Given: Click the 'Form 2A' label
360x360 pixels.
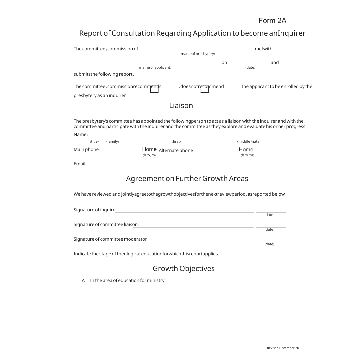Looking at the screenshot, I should tap(272, 21).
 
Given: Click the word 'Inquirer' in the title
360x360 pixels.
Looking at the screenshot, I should tap(292, 33).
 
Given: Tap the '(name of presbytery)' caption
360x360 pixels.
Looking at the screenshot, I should tap(198, 54).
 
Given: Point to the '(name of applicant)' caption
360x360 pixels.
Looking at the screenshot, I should tap(155, 68).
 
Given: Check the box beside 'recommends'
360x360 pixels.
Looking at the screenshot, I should tap(154, 89).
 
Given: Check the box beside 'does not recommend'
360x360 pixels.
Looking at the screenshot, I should tap(205, 89).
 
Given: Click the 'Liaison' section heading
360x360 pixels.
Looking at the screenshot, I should tap(181, 106).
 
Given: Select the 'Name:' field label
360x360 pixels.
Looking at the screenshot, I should tap(81, 135).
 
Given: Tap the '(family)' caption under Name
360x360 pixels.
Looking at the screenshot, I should tap(113, 142).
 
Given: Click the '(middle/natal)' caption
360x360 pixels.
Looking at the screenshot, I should tap(249, 142).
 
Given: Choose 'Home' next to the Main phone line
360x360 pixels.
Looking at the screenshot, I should tap(149, 149).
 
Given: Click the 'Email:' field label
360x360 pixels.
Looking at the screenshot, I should tap(80, 164).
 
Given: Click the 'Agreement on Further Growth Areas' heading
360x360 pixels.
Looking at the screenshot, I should tap(187, 179).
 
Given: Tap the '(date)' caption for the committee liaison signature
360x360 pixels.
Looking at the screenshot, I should tap(269, 230).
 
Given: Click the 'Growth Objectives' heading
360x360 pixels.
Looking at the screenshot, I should tap(184, 269).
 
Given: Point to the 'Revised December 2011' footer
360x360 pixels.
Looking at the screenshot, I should tap(285, 348).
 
